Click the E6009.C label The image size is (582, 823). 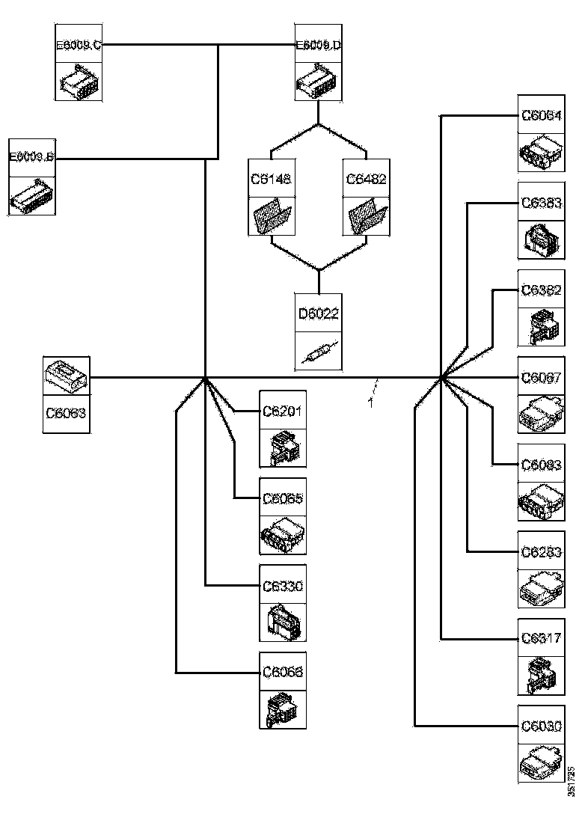(x=79, y=46)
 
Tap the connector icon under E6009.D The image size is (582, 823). (x=319, y=81)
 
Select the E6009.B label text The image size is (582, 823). (x=31, y=157)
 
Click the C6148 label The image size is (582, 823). (x=271, y=180)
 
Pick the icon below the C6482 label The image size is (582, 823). (x=367, y=217)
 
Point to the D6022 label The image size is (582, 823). (x=319, y=313)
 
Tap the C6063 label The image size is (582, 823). (x=67, y=412)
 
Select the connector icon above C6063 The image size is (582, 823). (x=67, y=376)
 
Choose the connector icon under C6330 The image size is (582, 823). (x=283, y=621)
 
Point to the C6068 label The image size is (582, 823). (x=283, y=673)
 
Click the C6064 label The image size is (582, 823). (x=542, y=115)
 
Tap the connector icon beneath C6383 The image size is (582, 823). (x=542, y=240)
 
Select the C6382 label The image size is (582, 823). (x=542, y=290)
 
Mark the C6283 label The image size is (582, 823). (x=542, y=552)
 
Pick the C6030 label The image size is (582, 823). (x=542, y=726)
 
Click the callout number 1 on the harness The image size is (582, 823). (x=371, y=403)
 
